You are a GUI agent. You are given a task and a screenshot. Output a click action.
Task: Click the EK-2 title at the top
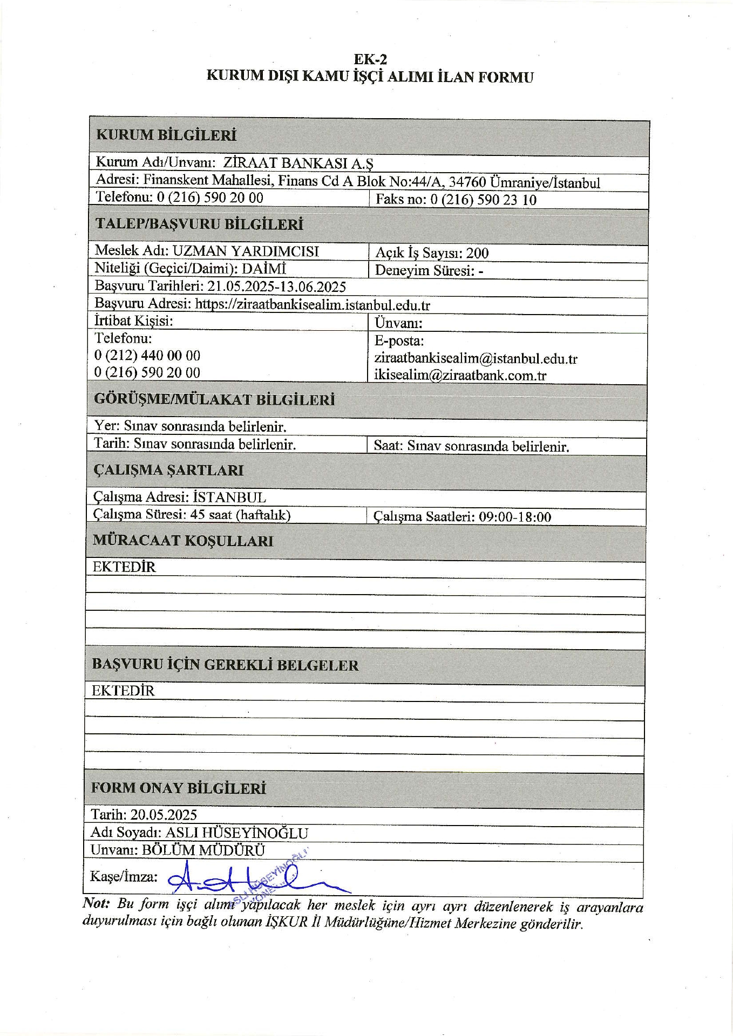click(370, 59)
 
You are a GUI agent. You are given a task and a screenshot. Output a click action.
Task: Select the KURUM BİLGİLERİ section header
click(166, 135)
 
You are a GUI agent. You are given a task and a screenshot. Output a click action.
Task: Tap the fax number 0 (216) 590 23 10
click(483, 200)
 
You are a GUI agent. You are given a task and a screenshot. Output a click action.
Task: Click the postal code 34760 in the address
click(467, 182)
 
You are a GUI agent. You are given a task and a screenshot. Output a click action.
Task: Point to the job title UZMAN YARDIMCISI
click(246, 251)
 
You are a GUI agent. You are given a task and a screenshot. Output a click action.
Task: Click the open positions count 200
click(477, 253)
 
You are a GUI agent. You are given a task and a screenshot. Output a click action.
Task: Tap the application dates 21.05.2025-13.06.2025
click(277, 286)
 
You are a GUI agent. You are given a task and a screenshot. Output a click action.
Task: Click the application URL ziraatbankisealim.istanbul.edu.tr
click(313, 304)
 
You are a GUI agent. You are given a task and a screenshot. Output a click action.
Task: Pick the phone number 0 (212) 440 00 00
click(147, 356)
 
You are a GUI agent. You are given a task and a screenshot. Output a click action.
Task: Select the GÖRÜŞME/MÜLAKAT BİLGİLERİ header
click(214, 400)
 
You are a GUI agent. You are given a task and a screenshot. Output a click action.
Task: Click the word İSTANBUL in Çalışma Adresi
click(229, 497)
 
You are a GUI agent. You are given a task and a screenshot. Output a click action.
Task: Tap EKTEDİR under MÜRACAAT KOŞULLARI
click(124, 567)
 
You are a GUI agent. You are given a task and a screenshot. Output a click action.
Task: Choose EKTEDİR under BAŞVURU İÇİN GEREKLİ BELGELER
click(123, 691)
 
